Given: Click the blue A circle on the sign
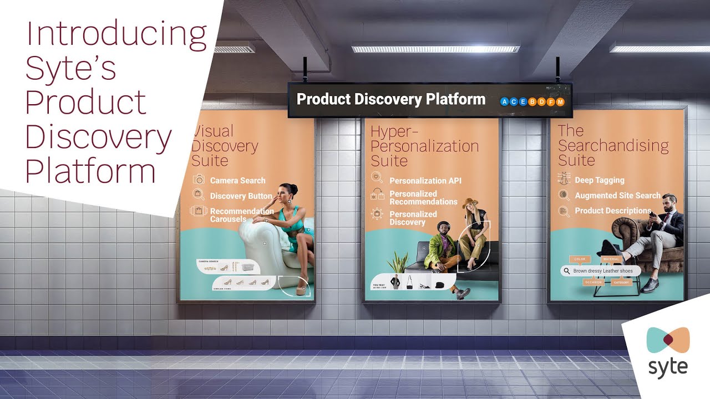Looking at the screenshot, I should pos(504,102).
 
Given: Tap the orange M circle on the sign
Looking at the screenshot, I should pos(560,102).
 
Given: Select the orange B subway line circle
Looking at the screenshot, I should pos(532,102).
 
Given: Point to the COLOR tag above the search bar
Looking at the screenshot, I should pos(580,259).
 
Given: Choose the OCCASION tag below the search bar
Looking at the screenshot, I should pos(592,282).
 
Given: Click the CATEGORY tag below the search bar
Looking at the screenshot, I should pos(621,282).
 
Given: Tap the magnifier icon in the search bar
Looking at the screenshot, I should pos(566,271).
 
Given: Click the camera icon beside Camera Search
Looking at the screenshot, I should pos(199,180).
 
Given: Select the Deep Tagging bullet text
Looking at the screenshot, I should pos(600,180).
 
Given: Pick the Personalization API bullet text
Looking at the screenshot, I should pos(425,181).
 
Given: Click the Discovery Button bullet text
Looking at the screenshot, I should pos(241,196).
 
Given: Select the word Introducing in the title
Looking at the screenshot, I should pos(116,34).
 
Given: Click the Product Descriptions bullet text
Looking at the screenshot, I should pos(613,211).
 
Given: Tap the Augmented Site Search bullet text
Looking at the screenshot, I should pos(617,196).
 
